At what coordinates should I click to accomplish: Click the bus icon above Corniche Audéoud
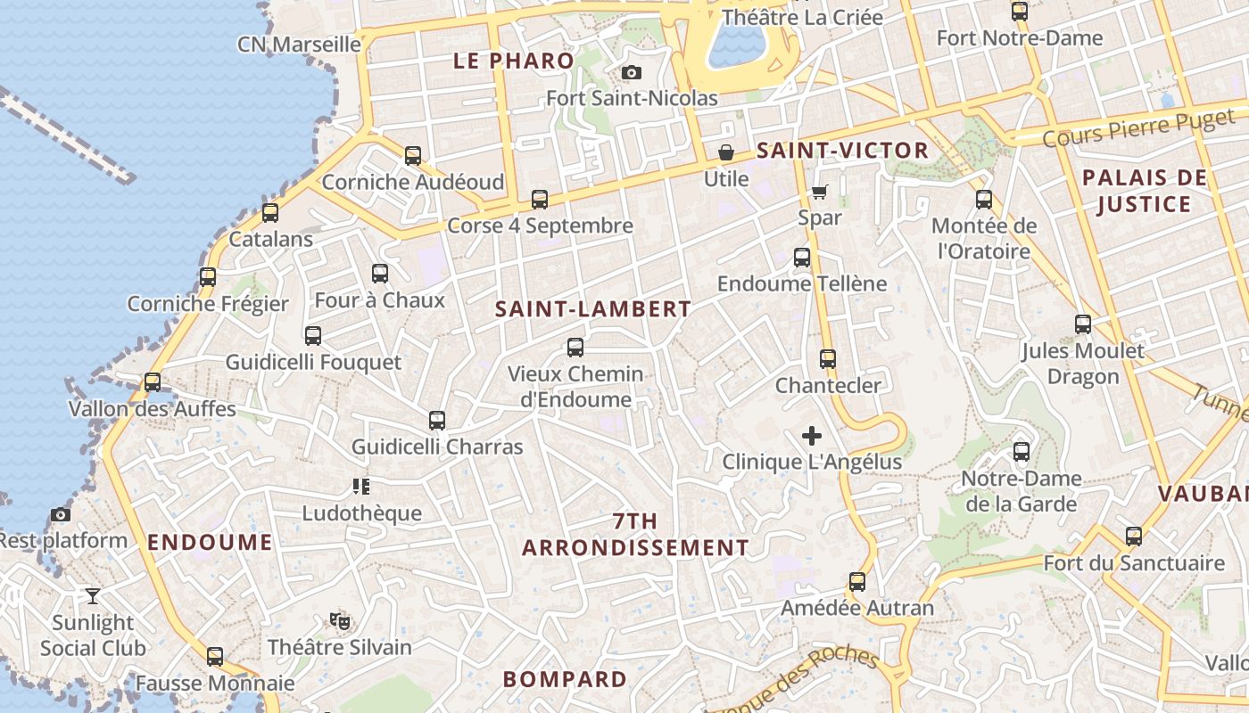click(412, 156)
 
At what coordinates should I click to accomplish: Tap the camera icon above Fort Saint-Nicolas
click(632, 72)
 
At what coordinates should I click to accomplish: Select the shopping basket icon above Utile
click(726, 152)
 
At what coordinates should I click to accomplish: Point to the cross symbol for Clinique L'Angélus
click(812, 436)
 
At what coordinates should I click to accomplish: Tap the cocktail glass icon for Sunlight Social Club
click(92, 596)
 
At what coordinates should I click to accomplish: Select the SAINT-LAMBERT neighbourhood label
click(592, 309)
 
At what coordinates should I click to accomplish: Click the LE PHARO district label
click(513, 61)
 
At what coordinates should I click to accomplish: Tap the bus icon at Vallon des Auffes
click(153, 382)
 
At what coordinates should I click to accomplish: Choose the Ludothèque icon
click(361, 487)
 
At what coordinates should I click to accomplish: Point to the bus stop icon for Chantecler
click(828, 359)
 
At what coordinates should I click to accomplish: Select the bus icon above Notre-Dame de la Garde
click(1022, 452)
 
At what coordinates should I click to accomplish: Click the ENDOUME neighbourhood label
click(210, 542)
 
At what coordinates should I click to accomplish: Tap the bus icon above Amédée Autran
click(857, 582)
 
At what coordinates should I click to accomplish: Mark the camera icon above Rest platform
click(61, 514)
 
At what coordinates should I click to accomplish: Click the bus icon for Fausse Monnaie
click(215, 657)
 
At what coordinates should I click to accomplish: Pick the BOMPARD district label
click(565, 679)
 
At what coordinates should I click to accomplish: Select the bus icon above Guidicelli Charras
click(436, 421)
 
